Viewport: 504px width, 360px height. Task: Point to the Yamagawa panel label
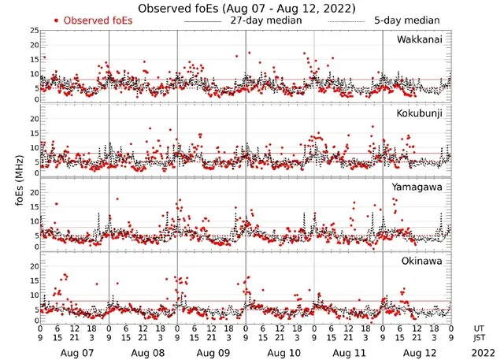(x=420, y=187)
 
